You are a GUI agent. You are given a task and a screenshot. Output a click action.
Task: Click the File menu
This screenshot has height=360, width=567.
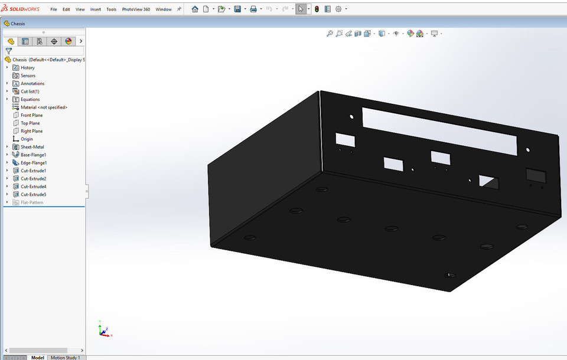[54, 9]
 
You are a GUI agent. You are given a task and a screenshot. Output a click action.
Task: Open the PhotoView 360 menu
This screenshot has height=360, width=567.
[136, 9]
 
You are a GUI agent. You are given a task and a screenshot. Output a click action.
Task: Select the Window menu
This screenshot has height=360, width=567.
[164, 9]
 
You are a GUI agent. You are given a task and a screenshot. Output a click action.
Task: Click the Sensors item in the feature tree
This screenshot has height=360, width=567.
[28, 76]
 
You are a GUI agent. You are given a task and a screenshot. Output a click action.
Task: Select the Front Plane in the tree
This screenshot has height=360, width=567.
[31, 115]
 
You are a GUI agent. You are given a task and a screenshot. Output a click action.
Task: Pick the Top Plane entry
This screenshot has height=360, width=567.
[30, 123]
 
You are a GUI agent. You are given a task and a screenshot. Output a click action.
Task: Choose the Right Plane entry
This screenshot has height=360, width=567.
[31, 131]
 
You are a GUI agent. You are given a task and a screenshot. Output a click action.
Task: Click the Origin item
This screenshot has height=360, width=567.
[27, 139]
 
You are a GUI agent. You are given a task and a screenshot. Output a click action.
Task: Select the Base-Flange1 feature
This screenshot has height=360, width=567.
[33, 155]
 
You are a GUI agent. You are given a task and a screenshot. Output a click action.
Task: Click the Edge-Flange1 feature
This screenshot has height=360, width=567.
[34, 163]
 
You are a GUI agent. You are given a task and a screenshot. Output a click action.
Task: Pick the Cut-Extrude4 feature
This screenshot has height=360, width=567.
[33, 186]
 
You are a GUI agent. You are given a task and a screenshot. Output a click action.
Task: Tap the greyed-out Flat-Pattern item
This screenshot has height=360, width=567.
[31, 202]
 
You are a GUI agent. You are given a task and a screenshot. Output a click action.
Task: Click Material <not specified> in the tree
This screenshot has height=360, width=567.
[44, 107]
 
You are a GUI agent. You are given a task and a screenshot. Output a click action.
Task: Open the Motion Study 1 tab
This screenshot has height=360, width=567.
[65, 357]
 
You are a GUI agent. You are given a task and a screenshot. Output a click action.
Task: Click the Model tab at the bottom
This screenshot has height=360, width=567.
[38, 357]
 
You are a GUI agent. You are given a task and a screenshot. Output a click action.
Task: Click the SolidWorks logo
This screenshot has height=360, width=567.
[22, 9]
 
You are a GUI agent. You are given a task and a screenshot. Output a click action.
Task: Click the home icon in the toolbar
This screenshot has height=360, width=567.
[195, 9]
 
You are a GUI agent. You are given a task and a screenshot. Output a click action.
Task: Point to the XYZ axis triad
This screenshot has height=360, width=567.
[104, 330]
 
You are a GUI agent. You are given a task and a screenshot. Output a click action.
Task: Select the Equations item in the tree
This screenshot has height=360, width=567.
[30, 99]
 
